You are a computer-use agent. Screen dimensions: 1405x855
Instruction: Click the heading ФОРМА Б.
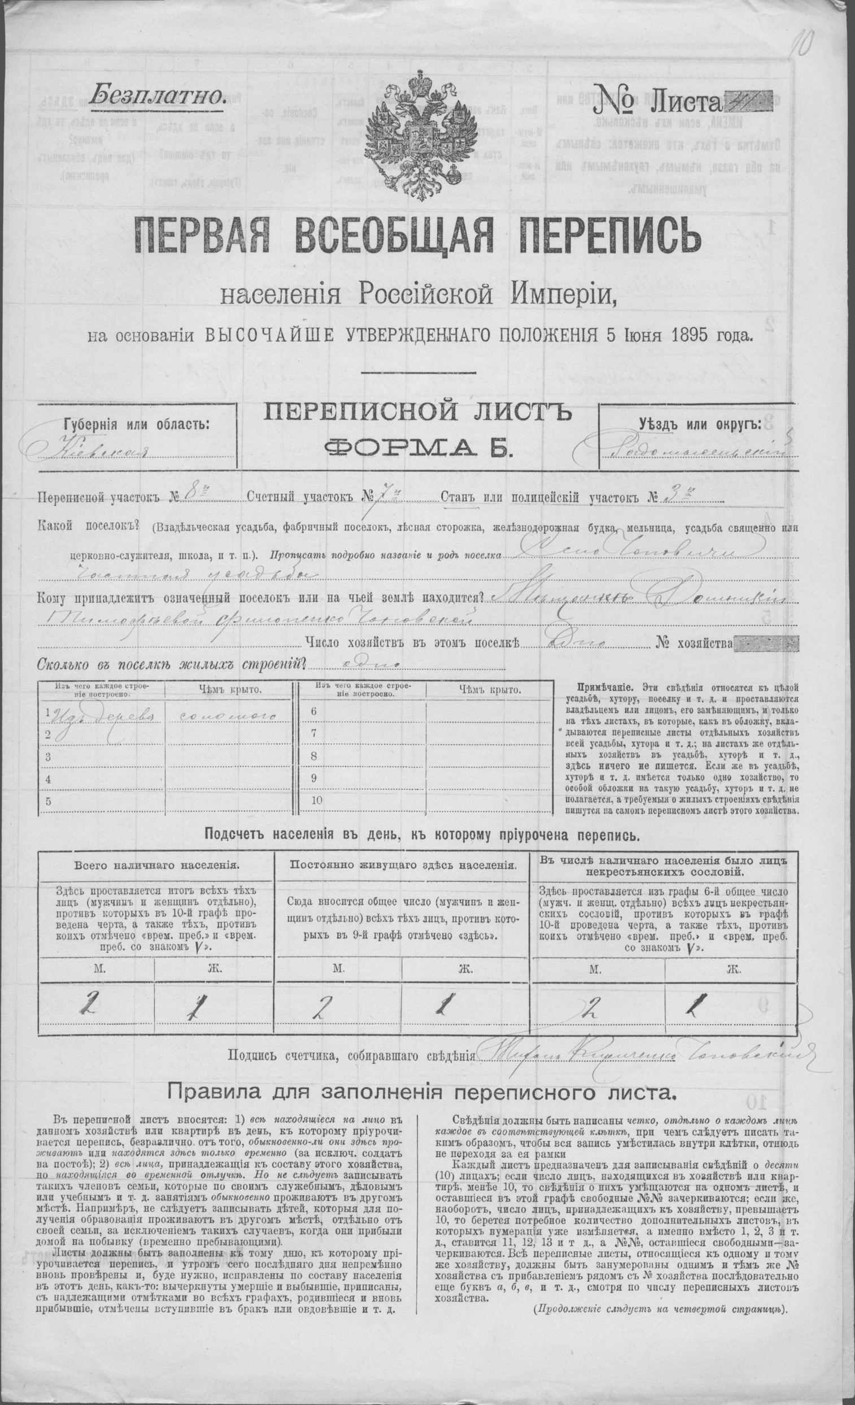417,447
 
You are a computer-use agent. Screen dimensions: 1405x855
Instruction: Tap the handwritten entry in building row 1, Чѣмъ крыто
225,715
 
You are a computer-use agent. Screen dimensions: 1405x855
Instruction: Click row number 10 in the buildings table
317,800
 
